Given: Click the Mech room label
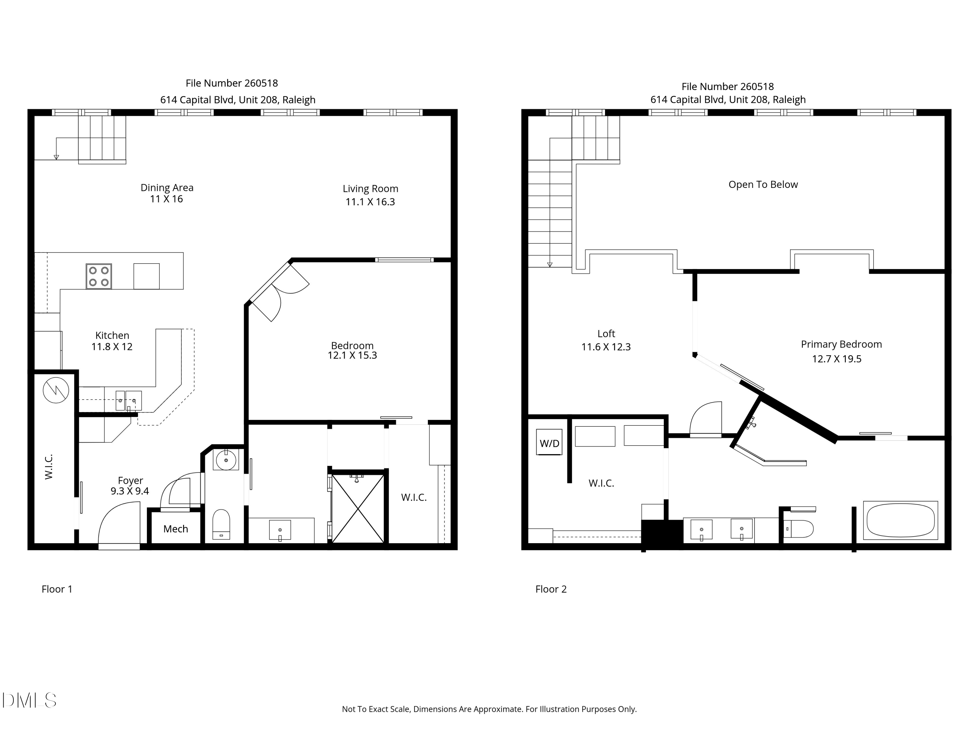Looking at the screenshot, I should point(176,529).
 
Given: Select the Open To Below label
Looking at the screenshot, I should point(763,185).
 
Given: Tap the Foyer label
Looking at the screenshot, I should point(130,480).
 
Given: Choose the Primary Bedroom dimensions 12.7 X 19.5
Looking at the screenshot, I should point(836,359).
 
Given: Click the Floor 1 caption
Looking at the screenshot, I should point(57,589).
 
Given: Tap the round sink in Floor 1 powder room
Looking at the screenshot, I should point(226,460).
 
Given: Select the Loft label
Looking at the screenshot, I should point(606,334).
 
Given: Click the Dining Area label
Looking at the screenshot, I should point(167,188).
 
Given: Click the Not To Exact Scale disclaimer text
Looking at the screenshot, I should point(489,709).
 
